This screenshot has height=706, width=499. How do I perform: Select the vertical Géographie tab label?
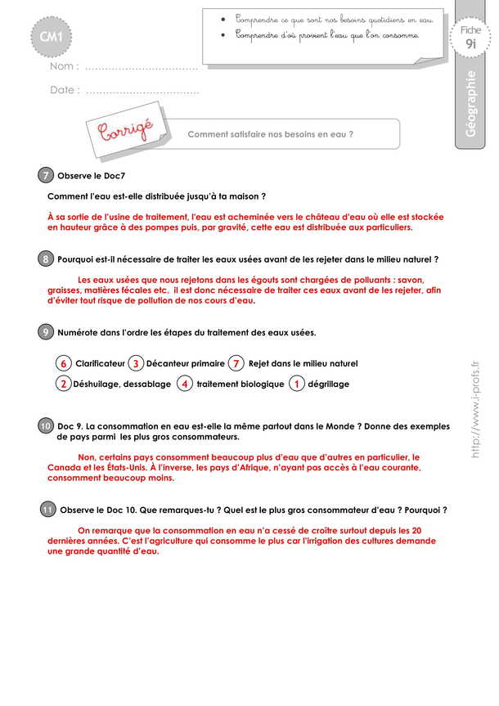point(472,106)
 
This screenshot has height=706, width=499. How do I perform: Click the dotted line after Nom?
point(142,67)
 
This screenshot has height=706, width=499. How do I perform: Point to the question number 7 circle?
point(46,176)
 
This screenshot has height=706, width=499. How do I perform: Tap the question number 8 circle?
point(46,259)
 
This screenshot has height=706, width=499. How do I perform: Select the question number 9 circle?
point(46,331)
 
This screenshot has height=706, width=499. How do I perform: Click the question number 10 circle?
point(46,426)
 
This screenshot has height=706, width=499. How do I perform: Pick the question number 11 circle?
point(47,510)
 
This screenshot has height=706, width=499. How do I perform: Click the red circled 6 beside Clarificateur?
point(63,363)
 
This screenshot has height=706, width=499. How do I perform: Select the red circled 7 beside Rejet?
point(236,363)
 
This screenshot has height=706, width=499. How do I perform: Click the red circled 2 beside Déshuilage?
point(63,384)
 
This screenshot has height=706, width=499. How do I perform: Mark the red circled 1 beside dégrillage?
point(298,384)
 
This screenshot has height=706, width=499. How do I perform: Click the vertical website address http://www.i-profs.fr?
point(476,410)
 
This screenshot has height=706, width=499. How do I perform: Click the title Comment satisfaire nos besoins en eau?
point(271,134)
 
